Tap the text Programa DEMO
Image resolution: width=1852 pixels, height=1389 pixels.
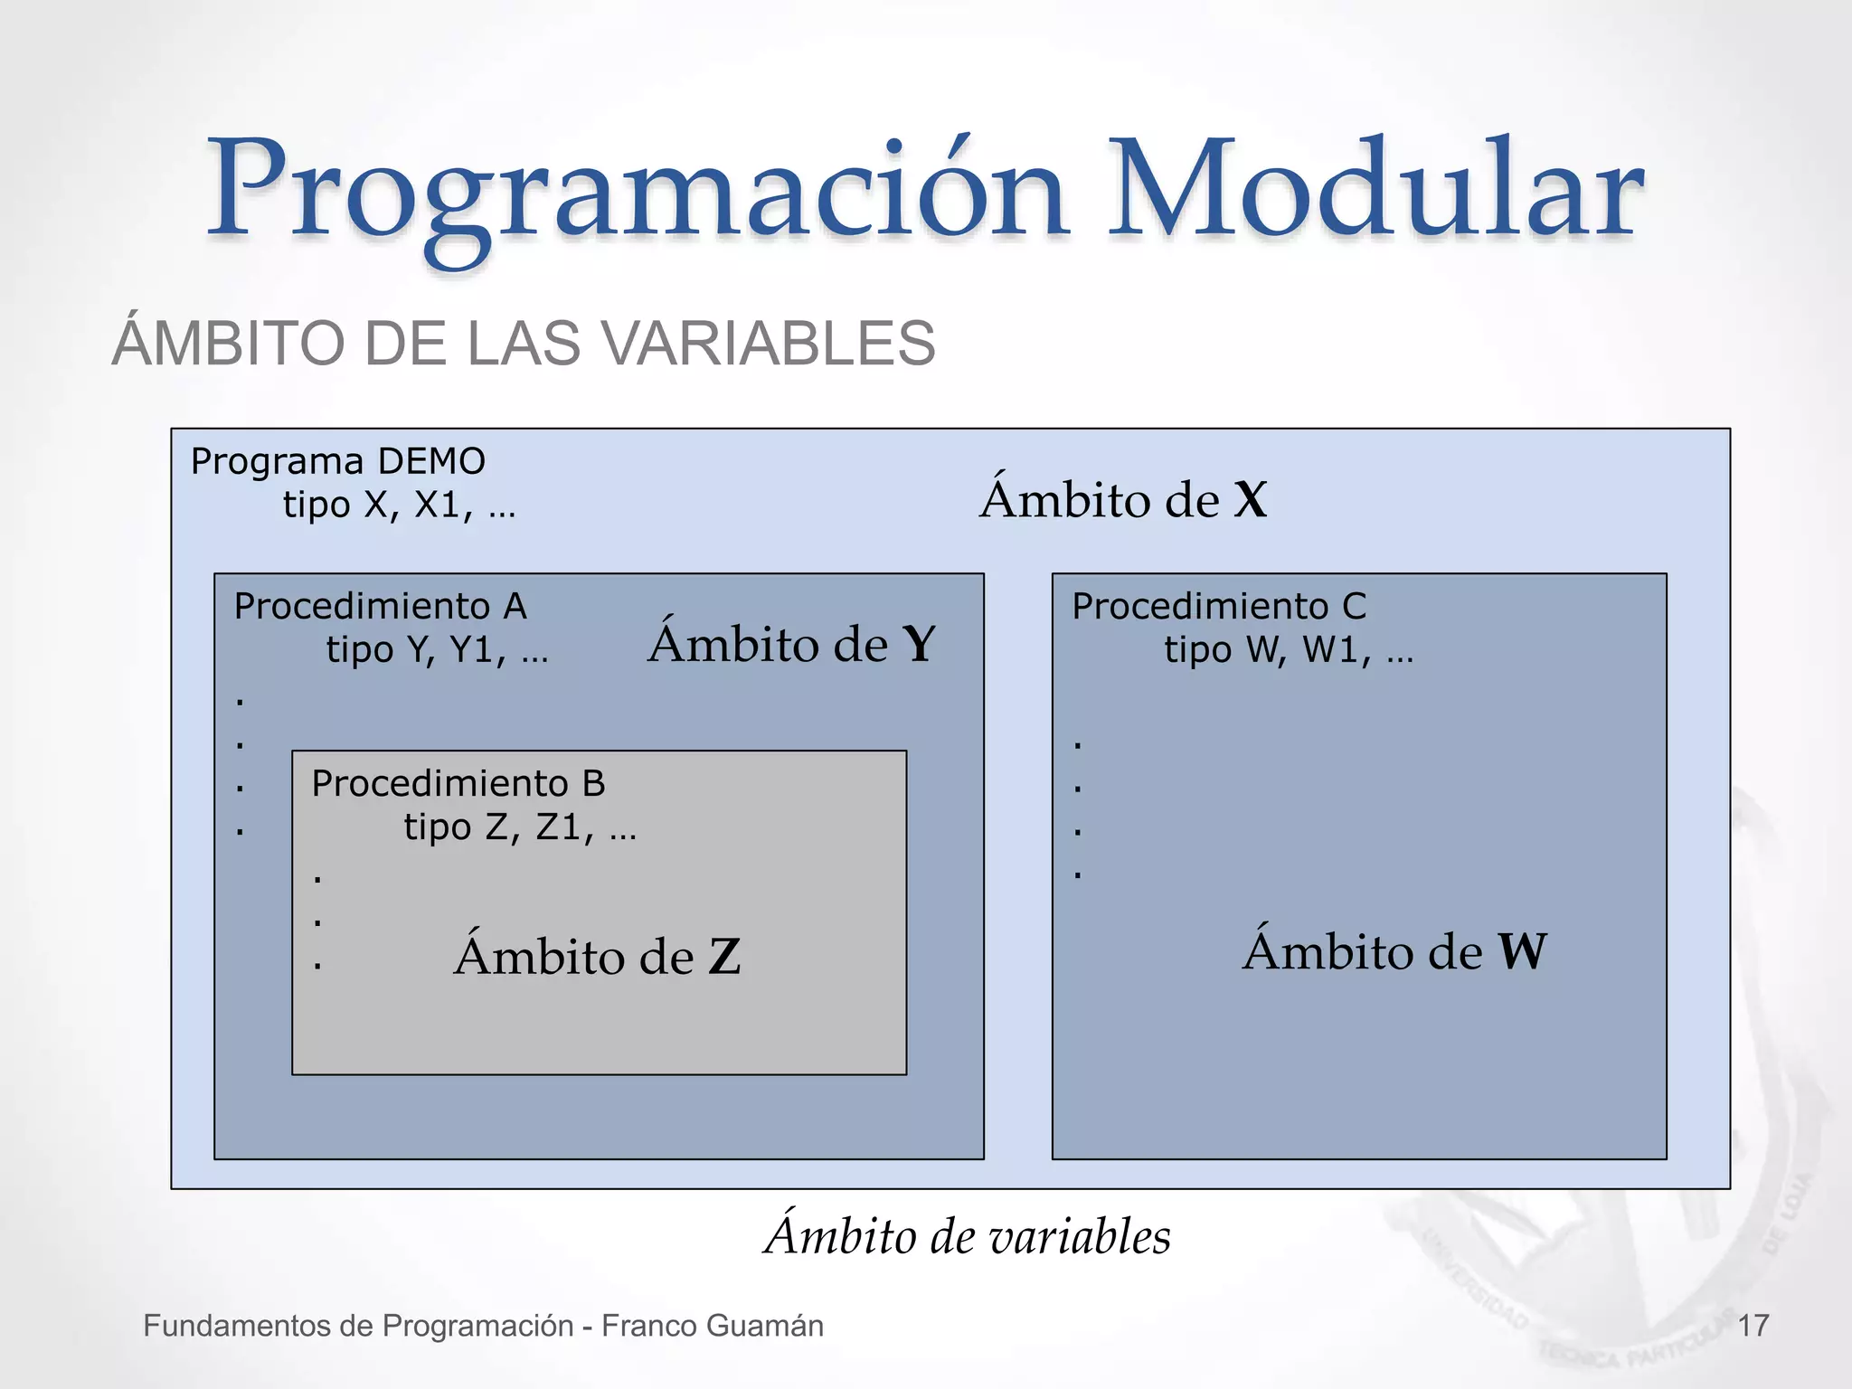337,462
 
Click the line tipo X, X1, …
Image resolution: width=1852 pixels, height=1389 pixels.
399,506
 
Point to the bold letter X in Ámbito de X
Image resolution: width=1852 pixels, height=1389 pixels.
1251,500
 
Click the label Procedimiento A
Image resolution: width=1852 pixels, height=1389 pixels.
380,607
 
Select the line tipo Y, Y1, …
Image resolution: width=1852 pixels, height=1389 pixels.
437,650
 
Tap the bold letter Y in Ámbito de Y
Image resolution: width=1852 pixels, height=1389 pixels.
919,645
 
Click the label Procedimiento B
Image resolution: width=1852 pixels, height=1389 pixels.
458,784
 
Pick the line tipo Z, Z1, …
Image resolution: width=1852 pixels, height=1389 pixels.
519,827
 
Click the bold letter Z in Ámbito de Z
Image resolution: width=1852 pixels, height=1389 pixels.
724,958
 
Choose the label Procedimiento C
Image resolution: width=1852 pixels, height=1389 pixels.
1219,607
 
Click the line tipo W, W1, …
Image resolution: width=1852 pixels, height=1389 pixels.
1288,650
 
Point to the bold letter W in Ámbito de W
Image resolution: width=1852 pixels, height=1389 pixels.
1523,952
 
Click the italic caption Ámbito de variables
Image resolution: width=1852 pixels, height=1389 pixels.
968,1236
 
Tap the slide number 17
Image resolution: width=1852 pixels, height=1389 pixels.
1753,1326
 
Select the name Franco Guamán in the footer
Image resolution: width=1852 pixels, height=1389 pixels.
713,1326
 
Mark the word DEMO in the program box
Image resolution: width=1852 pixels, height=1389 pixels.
431,462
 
